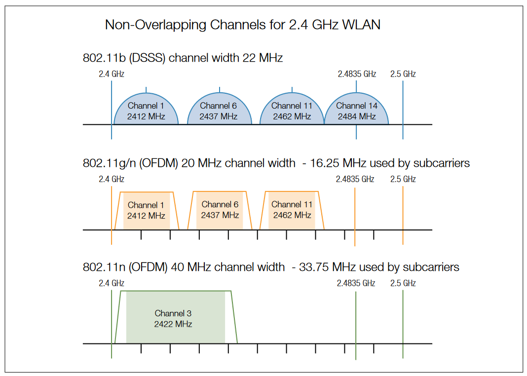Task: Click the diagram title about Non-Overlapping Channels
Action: (242, 25)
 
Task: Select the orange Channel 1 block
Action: (146, 210)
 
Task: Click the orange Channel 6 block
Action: (220, 210)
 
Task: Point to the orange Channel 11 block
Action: (292, 210)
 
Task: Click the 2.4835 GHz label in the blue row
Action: (357, 74)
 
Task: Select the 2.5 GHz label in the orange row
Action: (403, 179)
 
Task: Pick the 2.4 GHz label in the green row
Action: (112, 283)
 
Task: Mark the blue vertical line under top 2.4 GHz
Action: (112, 109)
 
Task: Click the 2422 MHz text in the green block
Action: (173, 324)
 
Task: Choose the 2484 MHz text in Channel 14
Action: (357, 116)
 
